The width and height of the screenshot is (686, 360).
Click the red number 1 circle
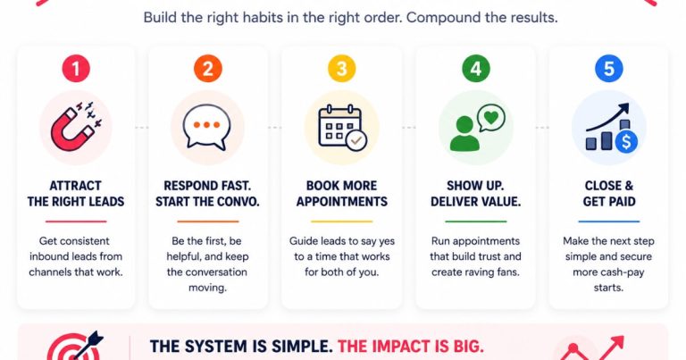click(76, 69)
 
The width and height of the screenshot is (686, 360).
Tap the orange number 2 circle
click(208, 69)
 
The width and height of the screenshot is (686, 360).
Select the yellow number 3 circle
click(342, 69)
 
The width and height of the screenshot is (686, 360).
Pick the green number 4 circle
click(476, 69)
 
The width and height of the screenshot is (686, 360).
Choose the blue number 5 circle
click(609, 69)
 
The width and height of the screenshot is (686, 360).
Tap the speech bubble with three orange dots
click(206, 127)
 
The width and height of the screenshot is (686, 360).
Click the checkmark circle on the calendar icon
click(356, 140)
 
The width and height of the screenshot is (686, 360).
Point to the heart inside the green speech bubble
click(491, 117)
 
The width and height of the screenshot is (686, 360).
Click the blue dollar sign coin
click(626, 141)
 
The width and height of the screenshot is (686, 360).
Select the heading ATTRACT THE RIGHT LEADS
click(76, 193)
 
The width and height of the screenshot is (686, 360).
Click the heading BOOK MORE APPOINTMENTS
click(342, 193)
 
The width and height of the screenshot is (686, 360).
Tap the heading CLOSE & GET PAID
click(609, 193)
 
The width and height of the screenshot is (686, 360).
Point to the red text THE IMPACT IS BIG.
click(411, 347)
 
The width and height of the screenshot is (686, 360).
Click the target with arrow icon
click(74, 347)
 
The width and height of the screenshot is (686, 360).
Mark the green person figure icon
click(464, 134)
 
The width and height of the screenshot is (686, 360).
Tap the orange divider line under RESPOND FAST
click(208, 222)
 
